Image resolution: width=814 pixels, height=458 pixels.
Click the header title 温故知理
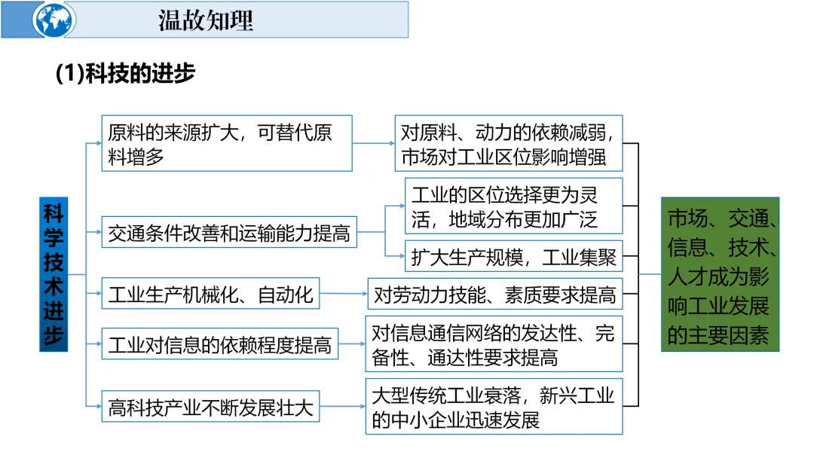[x=206, y=21]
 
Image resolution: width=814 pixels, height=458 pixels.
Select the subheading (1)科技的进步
[x=125, y=73]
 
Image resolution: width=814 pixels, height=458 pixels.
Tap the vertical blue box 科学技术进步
[x=54, y=274]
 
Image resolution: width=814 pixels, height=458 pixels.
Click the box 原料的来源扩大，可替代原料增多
[x=227, y=143]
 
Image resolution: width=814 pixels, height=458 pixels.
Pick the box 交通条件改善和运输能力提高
[x=229, y=232]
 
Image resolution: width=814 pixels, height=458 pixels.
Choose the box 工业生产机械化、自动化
[x=210, y=294]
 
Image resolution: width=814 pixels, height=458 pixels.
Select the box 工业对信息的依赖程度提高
[x=219, y=343]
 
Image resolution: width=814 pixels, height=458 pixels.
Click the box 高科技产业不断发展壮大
[x=210, y=406]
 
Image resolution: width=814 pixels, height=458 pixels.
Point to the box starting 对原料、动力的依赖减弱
[x=509, y=143]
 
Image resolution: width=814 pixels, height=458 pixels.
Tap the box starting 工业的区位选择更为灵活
[x=513, y=206]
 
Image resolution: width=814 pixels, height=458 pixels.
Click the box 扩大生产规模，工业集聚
[x=513, y=255]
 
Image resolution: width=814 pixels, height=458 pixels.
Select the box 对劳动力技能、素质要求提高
[x=494, y=294]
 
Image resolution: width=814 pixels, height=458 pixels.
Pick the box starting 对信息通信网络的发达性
[x=494, y=344]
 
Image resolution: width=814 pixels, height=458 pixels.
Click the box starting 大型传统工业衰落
[x=494, y=407]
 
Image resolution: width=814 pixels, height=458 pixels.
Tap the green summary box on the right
[x=720, y=274]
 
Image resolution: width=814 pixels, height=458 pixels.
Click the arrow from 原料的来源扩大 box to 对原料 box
[x=374, y=143]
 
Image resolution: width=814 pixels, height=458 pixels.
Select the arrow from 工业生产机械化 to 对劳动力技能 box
[x=344, y=294]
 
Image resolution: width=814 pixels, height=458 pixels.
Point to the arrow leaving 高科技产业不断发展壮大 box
[x=343, y=406]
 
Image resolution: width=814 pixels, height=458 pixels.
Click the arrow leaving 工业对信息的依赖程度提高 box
[x=352, y=343]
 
